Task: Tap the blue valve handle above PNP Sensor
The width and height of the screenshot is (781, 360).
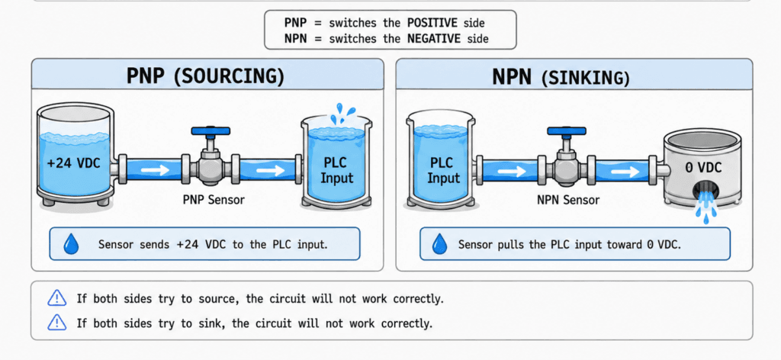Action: point(211,131)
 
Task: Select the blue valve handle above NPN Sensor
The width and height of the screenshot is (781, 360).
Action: point(567,131)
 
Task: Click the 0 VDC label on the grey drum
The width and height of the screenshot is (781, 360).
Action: point(703,168)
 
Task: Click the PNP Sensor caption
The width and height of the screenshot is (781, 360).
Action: point(214,200)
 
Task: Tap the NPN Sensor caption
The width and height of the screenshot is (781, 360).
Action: point(568,200)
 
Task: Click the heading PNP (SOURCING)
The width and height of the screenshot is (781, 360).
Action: point(205,77)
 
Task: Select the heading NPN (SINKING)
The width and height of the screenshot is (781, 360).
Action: point(561,78)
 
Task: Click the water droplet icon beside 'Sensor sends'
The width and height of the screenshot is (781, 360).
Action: point(71,245)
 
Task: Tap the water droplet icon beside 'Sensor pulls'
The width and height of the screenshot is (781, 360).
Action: point(439,244)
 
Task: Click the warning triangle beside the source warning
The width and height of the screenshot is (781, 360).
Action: point(56,298)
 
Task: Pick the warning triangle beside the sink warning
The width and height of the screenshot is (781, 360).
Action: point(56,323)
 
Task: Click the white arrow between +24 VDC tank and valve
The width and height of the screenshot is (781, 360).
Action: point(154,171)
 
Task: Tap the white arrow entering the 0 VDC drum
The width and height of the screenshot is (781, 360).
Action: point(625,172)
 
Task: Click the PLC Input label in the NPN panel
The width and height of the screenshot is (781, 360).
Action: point(442,171)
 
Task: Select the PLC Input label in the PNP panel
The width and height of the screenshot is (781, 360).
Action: point(336,171)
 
